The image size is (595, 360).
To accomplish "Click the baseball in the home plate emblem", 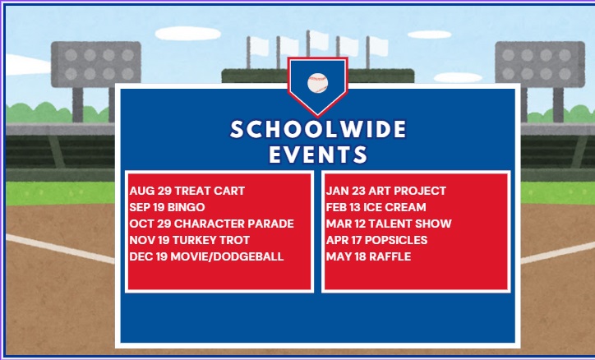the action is click(317, 83).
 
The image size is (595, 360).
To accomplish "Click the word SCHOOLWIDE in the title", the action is click(318, 129).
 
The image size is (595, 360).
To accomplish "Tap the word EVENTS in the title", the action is click(318, 155).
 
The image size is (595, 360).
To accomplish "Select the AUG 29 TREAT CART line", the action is click(187, 191).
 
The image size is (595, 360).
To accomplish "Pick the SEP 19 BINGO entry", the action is click(167, 207).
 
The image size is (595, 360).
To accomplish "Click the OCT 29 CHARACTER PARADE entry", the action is click(211, 224).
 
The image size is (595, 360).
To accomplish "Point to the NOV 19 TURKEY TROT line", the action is click(189, 240).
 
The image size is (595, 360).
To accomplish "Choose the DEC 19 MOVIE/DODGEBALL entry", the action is click(206, 256).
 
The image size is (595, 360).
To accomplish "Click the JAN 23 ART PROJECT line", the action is click(386, 191).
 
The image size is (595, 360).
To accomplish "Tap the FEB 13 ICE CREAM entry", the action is click(376, 207).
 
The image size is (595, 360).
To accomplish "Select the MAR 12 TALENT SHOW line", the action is click(389, 224).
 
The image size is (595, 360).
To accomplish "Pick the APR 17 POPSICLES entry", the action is click(376, 240).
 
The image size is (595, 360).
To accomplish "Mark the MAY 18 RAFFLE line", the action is click(368, 256).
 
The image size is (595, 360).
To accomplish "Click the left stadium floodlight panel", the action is click(96, 64).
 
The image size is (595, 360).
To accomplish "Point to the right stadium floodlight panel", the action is click(540, 64).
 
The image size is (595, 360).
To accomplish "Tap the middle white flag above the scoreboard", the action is click(318, 40).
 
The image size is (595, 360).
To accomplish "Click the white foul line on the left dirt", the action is click(60, 249).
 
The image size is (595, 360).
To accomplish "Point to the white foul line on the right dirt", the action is click(557, 252).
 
